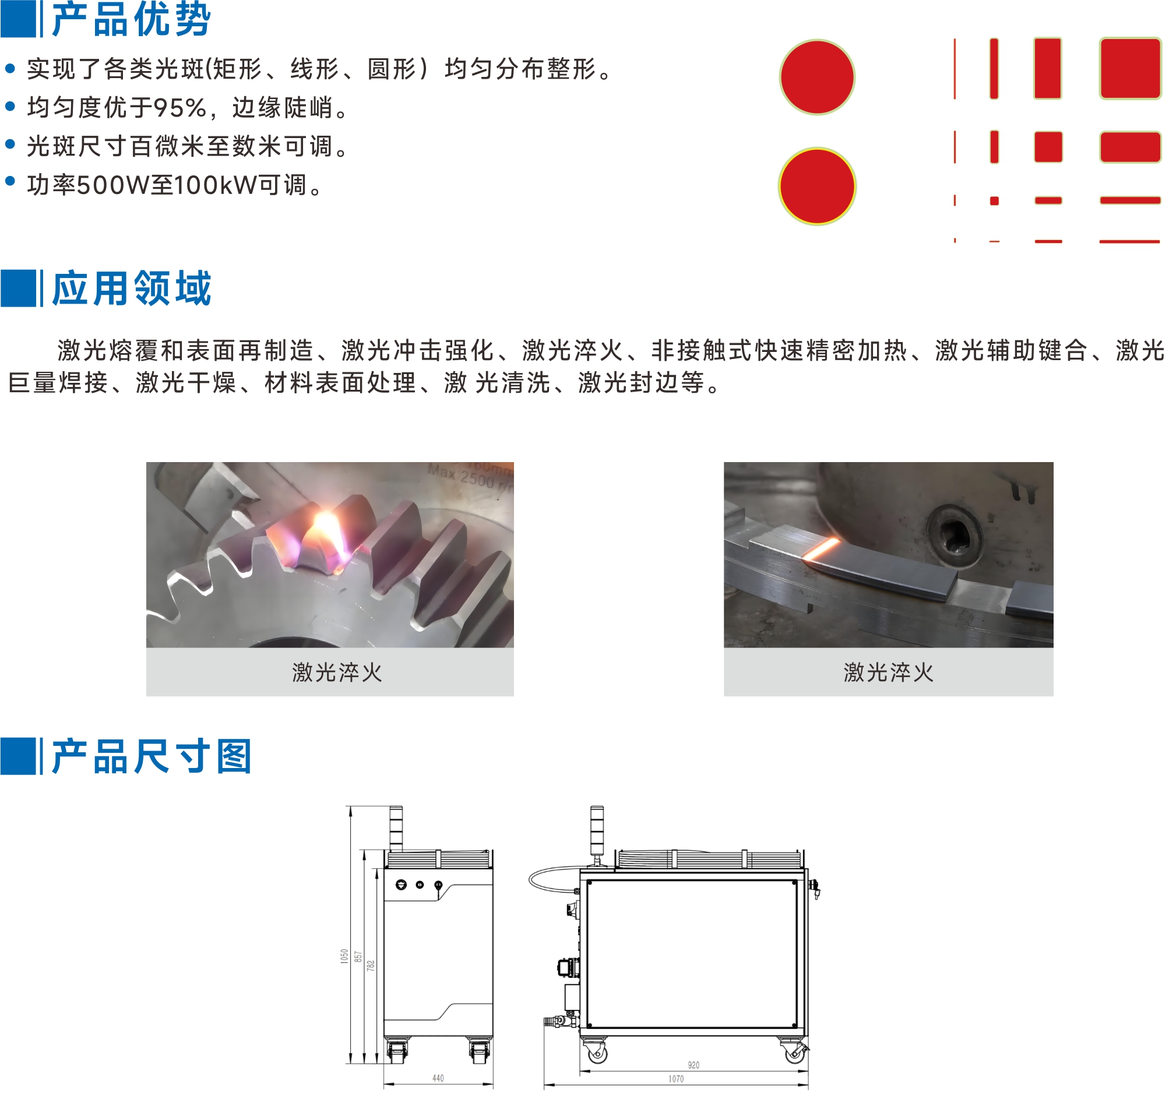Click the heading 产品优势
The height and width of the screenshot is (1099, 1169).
point(131,19)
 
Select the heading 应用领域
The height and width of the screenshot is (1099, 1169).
point(131,288)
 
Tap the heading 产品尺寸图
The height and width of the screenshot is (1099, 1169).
point(152,756)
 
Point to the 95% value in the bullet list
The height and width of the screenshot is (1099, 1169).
point(180,108)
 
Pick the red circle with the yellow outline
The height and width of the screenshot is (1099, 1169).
point(817,186)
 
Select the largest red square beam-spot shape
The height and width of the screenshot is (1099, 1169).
point(1130,68)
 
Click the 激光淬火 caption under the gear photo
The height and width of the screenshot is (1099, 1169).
point(337,672)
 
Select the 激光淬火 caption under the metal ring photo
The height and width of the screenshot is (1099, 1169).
point(888,672)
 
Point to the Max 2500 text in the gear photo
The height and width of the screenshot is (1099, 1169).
point(461,475)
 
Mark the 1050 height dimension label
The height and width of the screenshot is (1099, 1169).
point(344,956)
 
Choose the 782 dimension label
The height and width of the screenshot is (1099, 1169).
point(371,966)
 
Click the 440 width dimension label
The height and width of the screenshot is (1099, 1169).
point(438,1078)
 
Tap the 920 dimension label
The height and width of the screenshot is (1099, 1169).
point(694,1065)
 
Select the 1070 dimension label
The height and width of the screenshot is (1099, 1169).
point(676,1079)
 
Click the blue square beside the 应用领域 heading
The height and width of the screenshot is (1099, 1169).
point(18,288)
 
